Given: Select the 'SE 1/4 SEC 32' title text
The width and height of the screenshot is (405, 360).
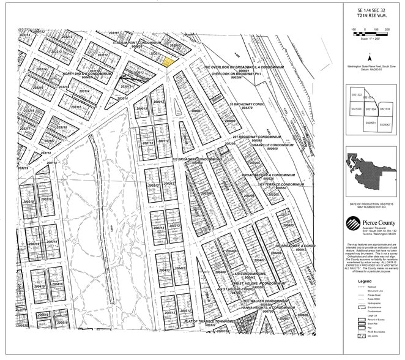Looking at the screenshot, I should [372, 10].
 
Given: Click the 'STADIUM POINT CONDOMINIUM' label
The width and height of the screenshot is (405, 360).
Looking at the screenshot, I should [139, 42].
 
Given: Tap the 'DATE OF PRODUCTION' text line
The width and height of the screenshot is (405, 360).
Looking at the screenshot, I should [370, 203].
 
